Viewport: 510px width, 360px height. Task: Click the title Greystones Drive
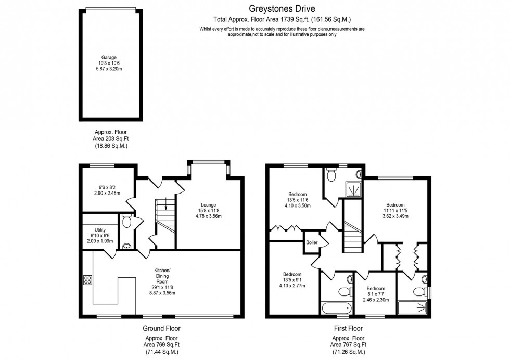[282, 8]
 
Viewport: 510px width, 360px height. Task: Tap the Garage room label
[109, 58]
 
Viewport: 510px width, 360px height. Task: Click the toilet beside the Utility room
[126, 223]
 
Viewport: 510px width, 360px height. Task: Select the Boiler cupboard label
[312, 242]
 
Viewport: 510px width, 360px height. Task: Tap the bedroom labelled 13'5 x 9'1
[292, 274]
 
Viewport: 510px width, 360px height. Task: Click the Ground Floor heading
[161, 328]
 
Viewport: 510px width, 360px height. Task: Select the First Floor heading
[348, 328]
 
